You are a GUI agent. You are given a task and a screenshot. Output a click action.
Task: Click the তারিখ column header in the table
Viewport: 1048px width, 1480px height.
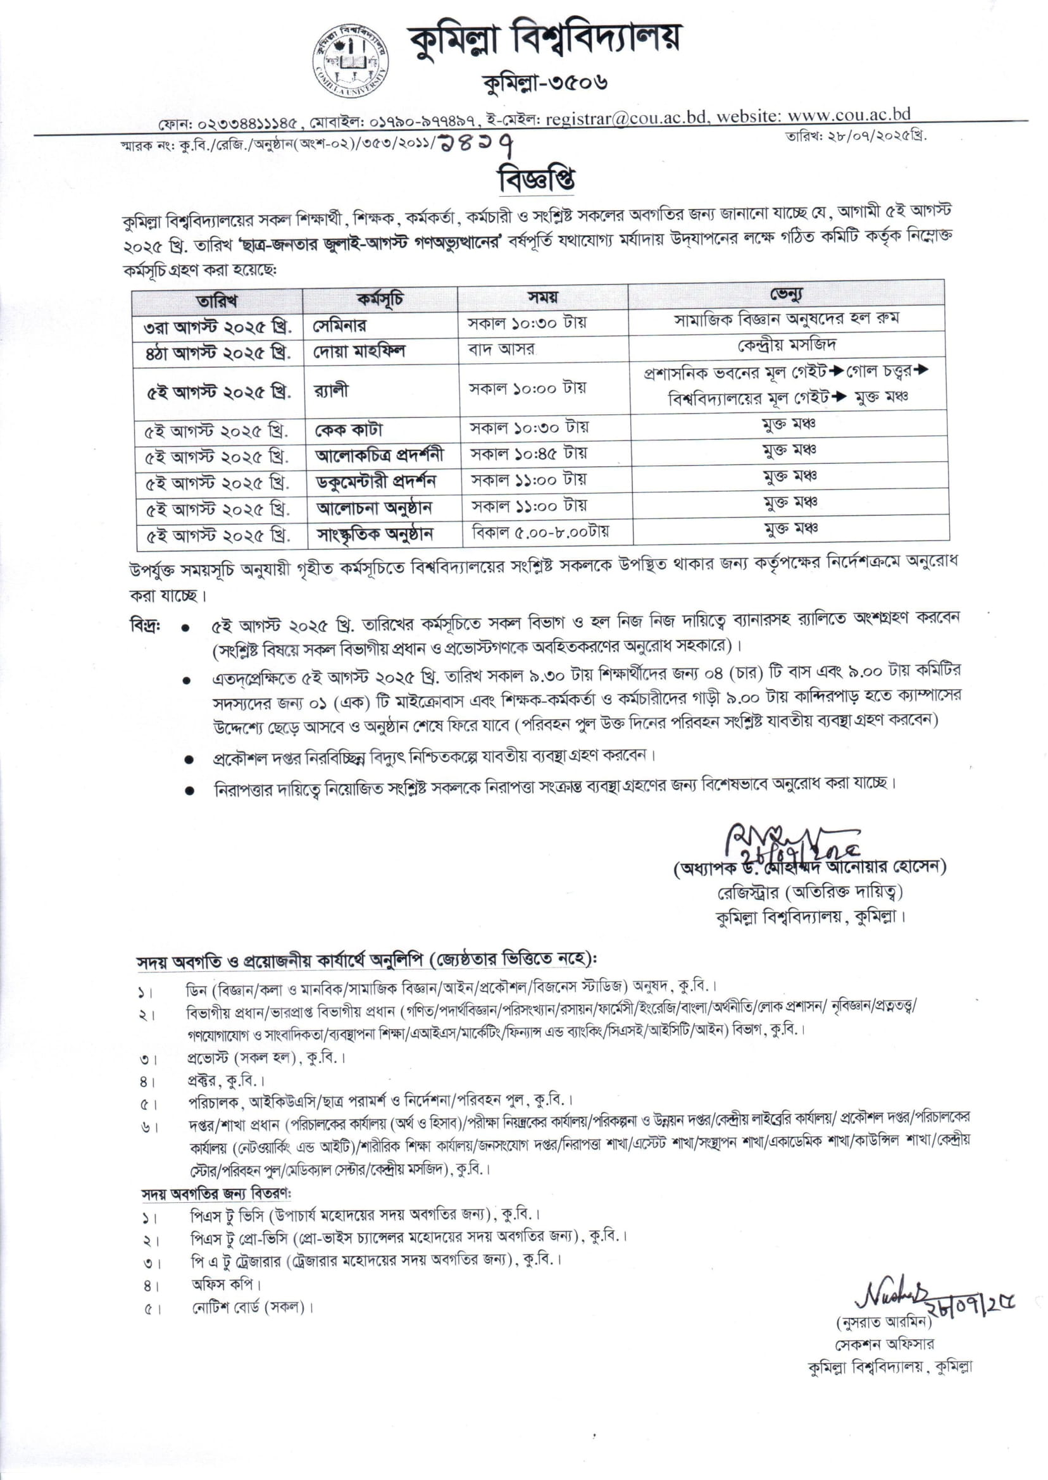(217, 301)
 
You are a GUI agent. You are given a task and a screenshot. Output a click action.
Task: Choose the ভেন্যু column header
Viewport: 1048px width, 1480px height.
(787, 295)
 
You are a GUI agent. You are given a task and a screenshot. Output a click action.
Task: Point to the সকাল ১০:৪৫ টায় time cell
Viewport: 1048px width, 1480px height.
(527, 454)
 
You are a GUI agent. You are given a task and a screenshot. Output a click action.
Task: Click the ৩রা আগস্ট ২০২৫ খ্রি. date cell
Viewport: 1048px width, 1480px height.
(218, 327)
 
